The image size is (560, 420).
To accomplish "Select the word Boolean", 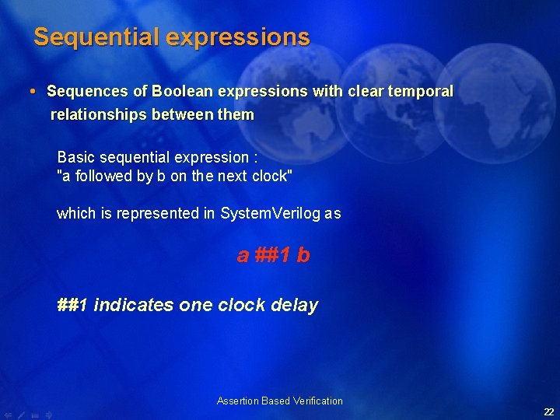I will point(184,91).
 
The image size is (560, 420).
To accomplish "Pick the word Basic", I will point(76,158).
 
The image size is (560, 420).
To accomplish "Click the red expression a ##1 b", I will point(273,255).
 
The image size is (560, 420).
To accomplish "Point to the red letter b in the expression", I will point(303,255).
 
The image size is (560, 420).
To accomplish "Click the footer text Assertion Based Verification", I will point(279,401).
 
